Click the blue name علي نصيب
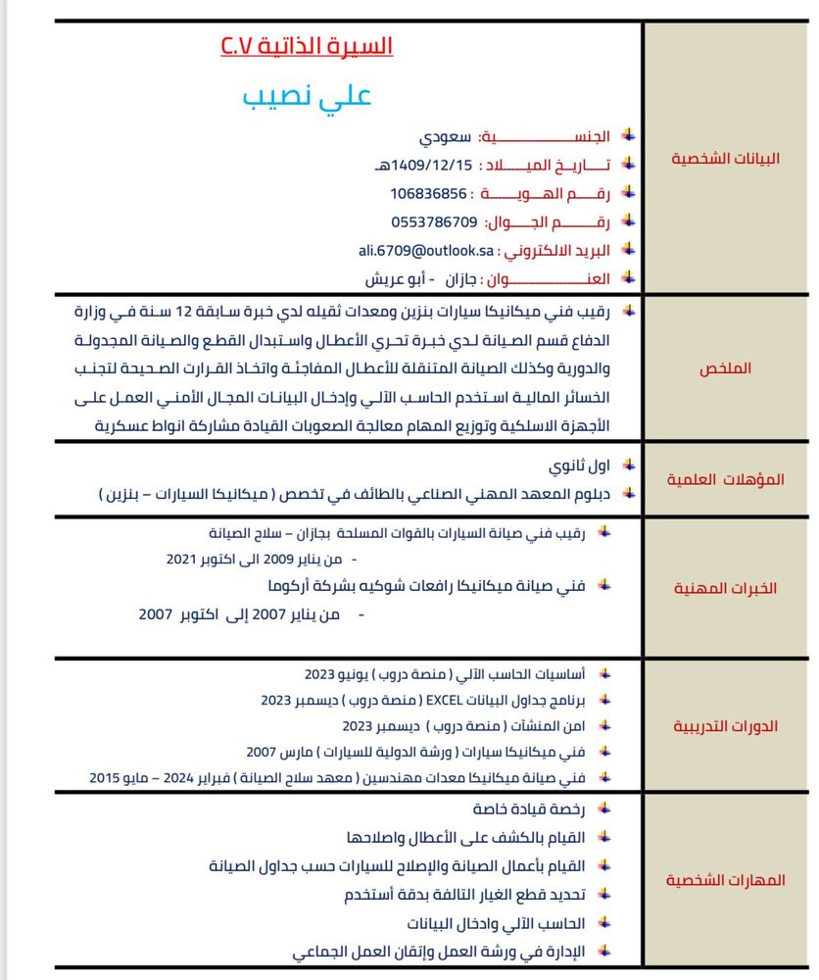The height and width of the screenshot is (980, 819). [307, 98]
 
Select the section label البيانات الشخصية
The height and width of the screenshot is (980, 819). [725, 158]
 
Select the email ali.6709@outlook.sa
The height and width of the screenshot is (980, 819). [423, 250]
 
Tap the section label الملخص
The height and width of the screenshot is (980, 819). [726, 368]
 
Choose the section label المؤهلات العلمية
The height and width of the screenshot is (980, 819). [726, 479]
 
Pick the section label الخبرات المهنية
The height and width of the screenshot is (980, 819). [726, 588]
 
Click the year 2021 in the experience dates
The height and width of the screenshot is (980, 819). [182, 559]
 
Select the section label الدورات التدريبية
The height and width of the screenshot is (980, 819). [726, 726]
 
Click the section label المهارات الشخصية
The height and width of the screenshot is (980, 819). [726, 880]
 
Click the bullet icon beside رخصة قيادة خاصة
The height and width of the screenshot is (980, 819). [604, 808]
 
